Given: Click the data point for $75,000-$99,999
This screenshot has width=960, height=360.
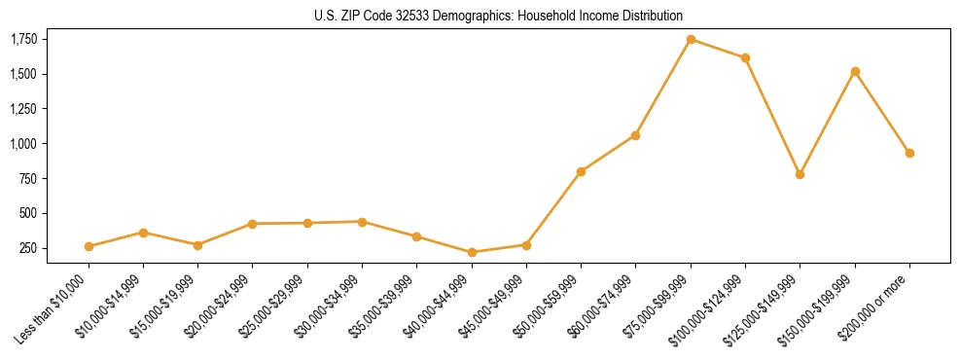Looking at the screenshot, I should [x=691, y=40].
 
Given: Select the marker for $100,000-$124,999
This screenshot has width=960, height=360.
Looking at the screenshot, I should [x=745, y=58].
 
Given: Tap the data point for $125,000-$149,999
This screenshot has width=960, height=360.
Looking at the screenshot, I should [x=800, y=175].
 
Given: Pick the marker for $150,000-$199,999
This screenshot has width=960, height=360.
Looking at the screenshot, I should [x=855, y=71].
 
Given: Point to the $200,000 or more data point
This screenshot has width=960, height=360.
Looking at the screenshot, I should [x=909, y=153].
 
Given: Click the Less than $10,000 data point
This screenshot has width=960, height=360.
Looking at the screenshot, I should [x=89, y=247].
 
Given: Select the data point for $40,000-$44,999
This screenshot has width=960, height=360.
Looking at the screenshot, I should [x=472, y=253].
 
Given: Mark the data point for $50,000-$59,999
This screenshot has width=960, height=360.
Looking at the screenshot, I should [x=581, y=172].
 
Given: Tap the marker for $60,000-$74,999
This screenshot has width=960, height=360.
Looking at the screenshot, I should [x=635, y=135].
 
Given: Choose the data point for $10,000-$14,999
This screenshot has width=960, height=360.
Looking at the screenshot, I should [x=143, y=233].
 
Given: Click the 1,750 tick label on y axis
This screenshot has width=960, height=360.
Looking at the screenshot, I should [x=23, y=39].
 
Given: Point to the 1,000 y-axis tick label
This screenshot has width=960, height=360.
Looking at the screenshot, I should [x=23, y=144].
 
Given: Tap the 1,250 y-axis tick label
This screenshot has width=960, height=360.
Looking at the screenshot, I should [x=23, y=109].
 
